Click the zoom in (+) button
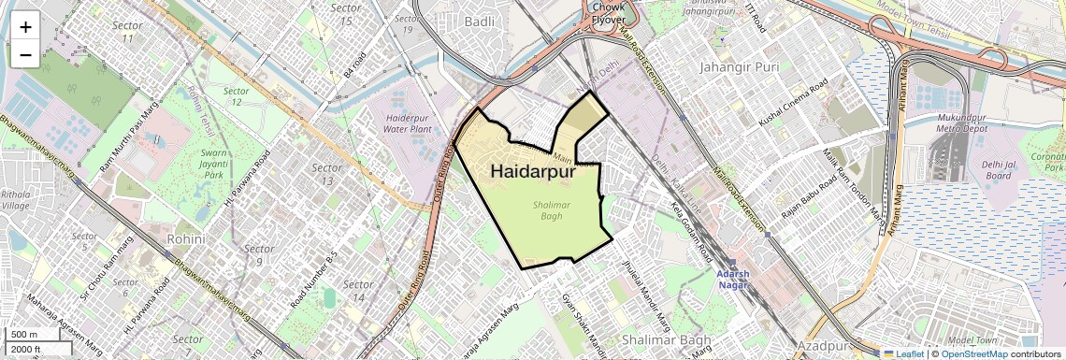point(25,26)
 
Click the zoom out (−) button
point(25,54)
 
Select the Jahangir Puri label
point(739,67)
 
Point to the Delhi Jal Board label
point(998,169)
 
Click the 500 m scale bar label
point(24,335)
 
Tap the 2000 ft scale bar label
point(26,350)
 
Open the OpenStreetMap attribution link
point(973,353)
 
